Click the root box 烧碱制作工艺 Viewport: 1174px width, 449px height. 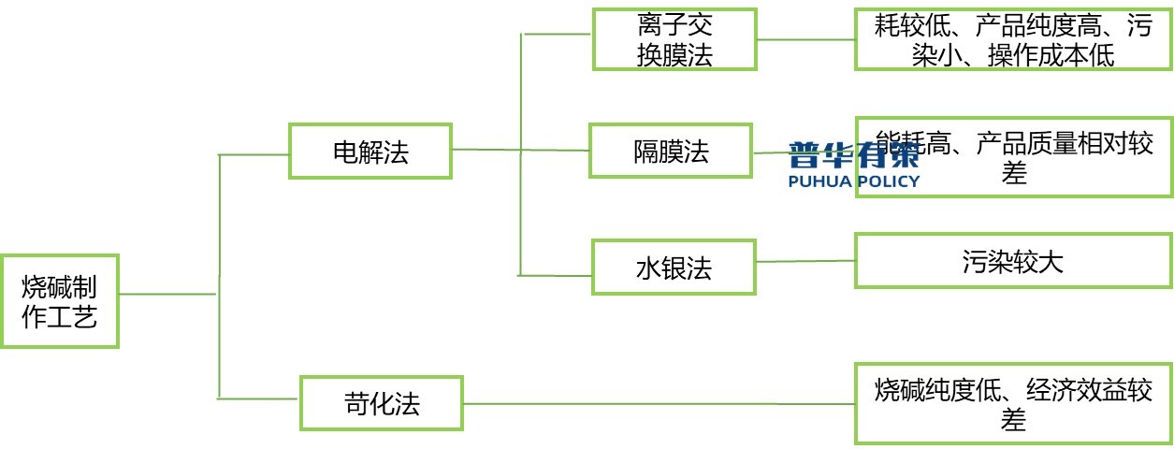point(59,301)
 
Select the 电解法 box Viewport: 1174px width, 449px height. point(370,152)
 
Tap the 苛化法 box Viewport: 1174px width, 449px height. point(381,403)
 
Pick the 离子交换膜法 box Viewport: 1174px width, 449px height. point(674,39)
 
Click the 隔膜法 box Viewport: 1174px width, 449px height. point(671,151)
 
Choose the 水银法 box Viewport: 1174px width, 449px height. point(674,268)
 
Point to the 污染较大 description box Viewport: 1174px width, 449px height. point(1012,260)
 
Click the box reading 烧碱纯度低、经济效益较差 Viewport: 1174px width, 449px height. point(1013,403)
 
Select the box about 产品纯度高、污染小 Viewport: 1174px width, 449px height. point(1013,39)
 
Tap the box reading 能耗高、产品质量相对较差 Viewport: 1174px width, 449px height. point(1013,156)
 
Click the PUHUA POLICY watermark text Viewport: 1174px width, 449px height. point(854,181)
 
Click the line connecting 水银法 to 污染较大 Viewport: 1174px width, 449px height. point(804,261)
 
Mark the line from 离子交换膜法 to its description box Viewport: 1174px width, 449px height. point(804,39)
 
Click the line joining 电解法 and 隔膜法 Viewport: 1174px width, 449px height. point(519,150)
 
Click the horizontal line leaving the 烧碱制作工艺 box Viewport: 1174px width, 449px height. point(168,294)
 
